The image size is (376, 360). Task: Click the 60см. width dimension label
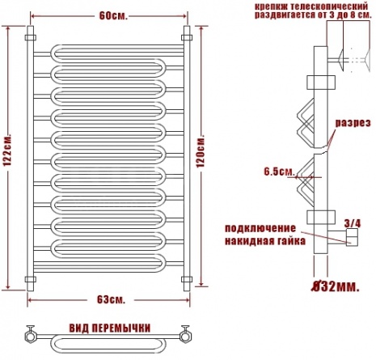click(x=113, y=16)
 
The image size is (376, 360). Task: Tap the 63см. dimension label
click(x=111, y=299)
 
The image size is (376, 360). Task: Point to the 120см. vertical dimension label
click(x=201, y=150)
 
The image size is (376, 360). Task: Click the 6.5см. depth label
click(x=279, y=172)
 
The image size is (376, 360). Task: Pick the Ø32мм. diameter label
click(x=336, y=287)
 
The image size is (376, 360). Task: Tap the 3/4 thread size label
click(x=353, y=223)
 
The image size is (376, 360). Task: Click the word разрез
click(x=353, y=123)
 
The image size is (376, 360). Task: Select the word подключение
click(x=260, y=228)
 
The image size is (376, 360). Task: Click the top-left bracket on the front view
click(x=31, y=37)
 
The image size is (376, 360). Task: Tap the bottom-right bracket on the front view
click(x=187, y=279)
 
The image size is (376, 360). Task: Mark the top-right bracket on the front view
click(x=187, y=37)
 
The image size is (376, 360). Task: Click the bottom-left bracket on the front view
click(x=31, y=279)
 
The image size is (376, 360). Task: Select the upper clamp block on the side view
click(x=321, y=83)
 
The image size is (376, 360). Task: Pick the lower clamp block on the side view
click(x=321, y=218)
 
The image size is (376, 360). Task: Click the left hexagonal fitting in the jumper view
click(x=30, y=336)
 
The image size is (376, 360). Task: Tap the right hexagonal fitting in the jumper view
click(x=186, y=336)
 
